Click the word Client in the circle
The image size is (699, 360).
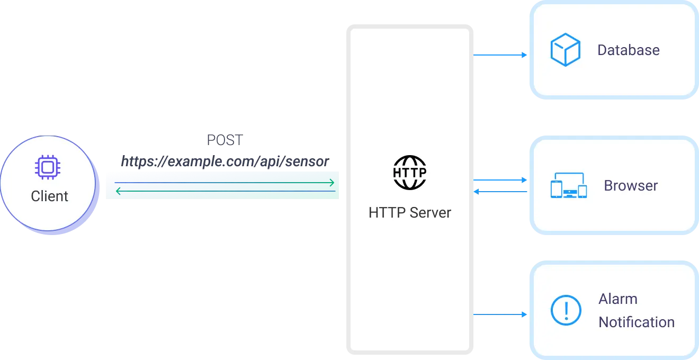50,196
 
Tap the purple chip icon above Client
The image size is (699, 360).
48,167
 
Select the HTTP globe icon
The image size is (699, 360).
410,173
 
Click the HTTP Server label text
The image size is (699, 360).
410,213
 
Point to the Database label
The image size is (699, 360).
628,50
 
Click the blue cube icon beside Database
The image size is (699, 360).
566,50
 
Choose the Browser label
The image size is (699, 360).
631,186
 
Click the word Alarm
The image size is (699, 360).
617,299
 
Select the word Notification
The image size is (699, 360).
637,322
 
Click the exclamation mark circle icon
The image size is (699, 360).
566,310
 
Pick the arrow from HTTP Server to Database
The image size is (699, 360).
500,55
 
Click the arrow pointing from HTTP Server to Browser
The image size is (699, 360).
500,181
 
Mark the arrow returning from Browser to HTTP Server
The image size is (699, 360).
500,191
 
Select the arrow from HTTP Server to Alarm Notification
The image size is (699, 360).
500,314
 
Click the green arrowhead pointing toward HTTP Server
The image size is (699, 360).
332,183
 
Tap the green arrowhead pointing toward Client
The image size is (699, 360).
118,191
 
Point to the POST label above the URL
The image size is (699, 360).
225,141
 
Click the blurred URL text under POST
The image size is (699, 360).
225,160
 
